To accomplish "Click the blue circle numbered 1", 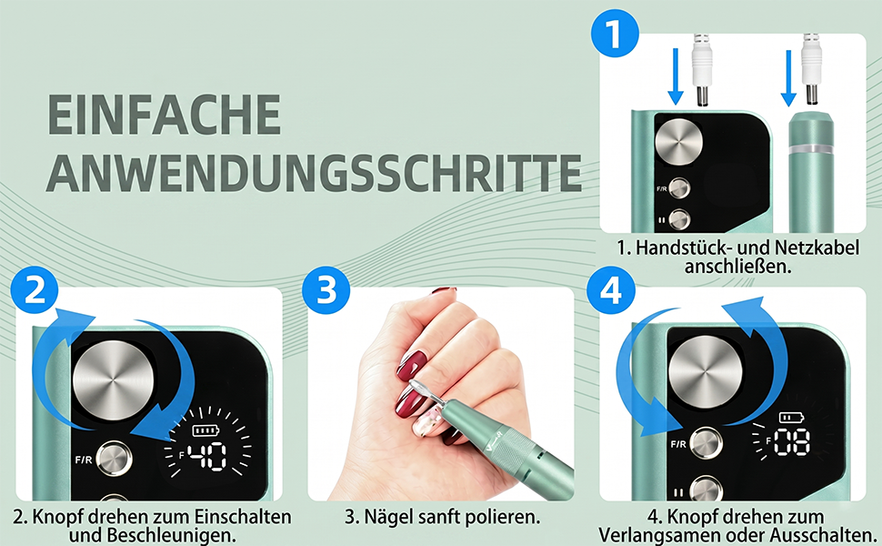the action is (x=615, y=33).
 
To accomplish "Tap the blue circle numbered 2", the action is (x=35, y=290).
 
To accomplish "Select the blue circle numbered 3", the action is (x=326, y=290).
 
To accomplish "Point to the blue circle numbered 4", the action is (x=611, y=290).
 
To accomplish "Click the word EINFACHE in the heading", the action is (x=165, y=115).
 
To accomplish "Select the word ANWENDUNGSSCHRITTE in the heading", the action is (x=314, y=172).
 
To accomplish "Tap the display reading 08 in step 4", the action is (x=792, y=442).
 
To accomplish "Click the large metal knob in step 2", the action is (x=113, y=380).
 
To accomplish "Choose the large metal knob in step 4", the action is (x=705, y=372).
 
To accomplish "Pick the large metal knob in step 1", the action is (x=679, y=141).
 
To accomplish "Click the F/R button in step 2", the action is (x=115, y=459).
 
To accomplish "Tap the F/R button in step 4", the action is (x=706, y=443).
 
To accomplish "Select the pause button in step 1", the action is (x=679, y=219).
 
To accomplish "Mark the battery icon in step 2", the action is (x=205, y=430).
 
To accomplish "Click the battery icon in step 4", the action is (x=791, y=418).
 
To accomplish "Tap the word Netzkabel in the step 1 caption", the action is (x=817, y=248).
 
